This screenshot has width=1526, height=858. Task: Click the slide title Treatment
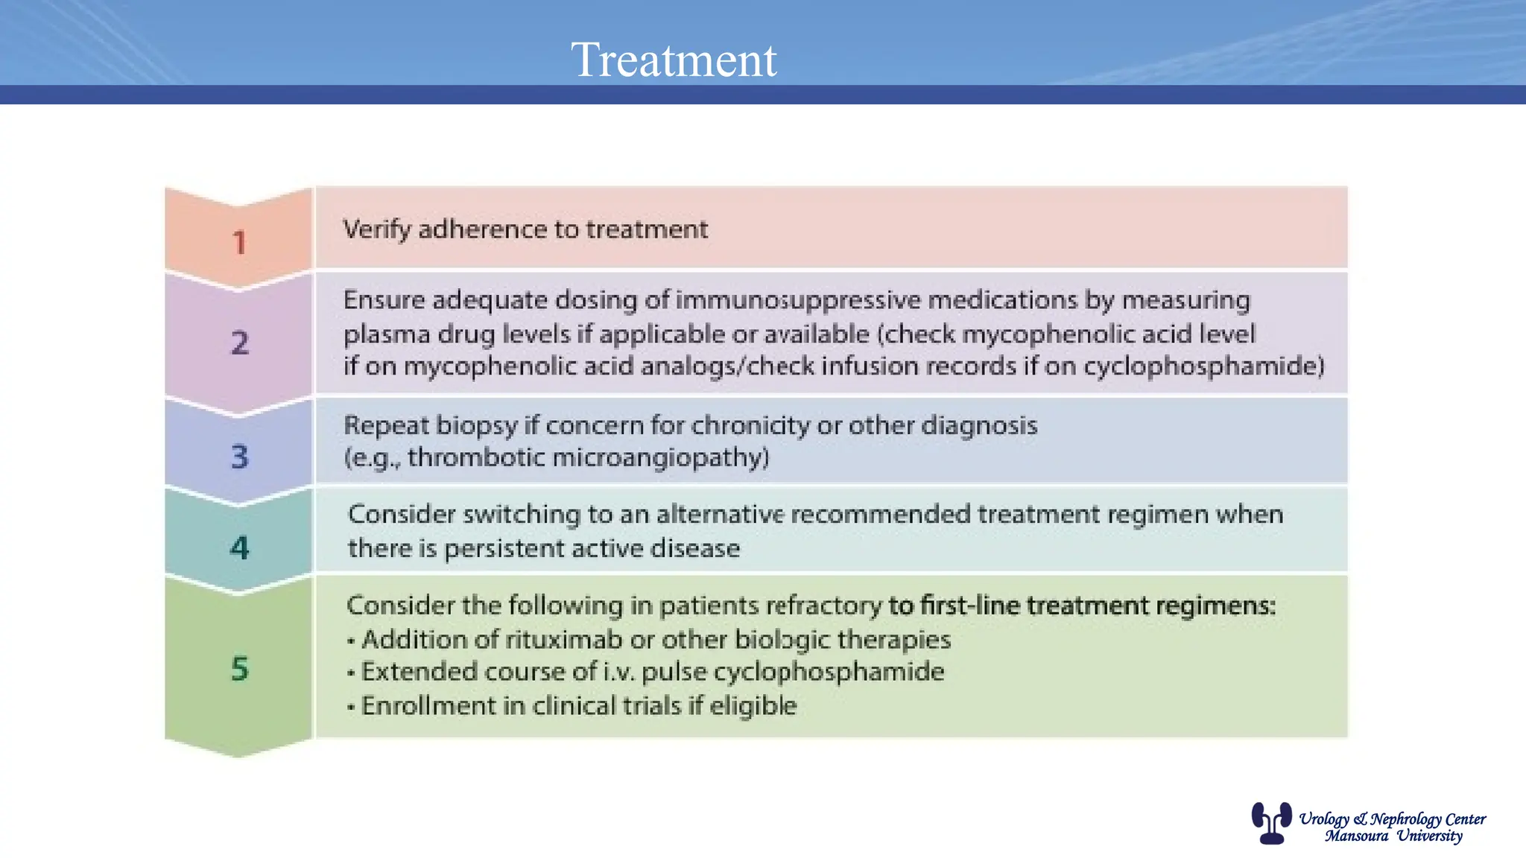(x=674, y=60)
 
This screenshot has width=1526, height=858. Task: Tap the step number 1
(x=239, y=243)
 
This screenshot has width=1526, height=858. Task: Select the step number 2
(x=239, y=343)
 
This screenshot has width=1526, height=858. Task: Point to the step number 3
(x=239, y=457)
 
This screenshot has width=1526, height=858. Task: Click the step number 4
(x=239, y=548)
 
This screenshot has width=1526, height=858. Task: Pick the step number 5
(x=239, y=669)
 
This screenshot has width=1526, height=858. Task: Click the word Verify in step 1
(x=376, y=229)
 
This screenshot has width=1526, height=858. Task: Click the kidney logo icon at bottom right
(x=1271, y=823)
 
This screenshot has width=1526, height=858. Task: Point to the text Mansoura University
(x=1393, y=836)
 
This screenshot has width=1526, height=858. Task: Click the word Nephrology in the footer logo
(x=1405, y=819)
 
